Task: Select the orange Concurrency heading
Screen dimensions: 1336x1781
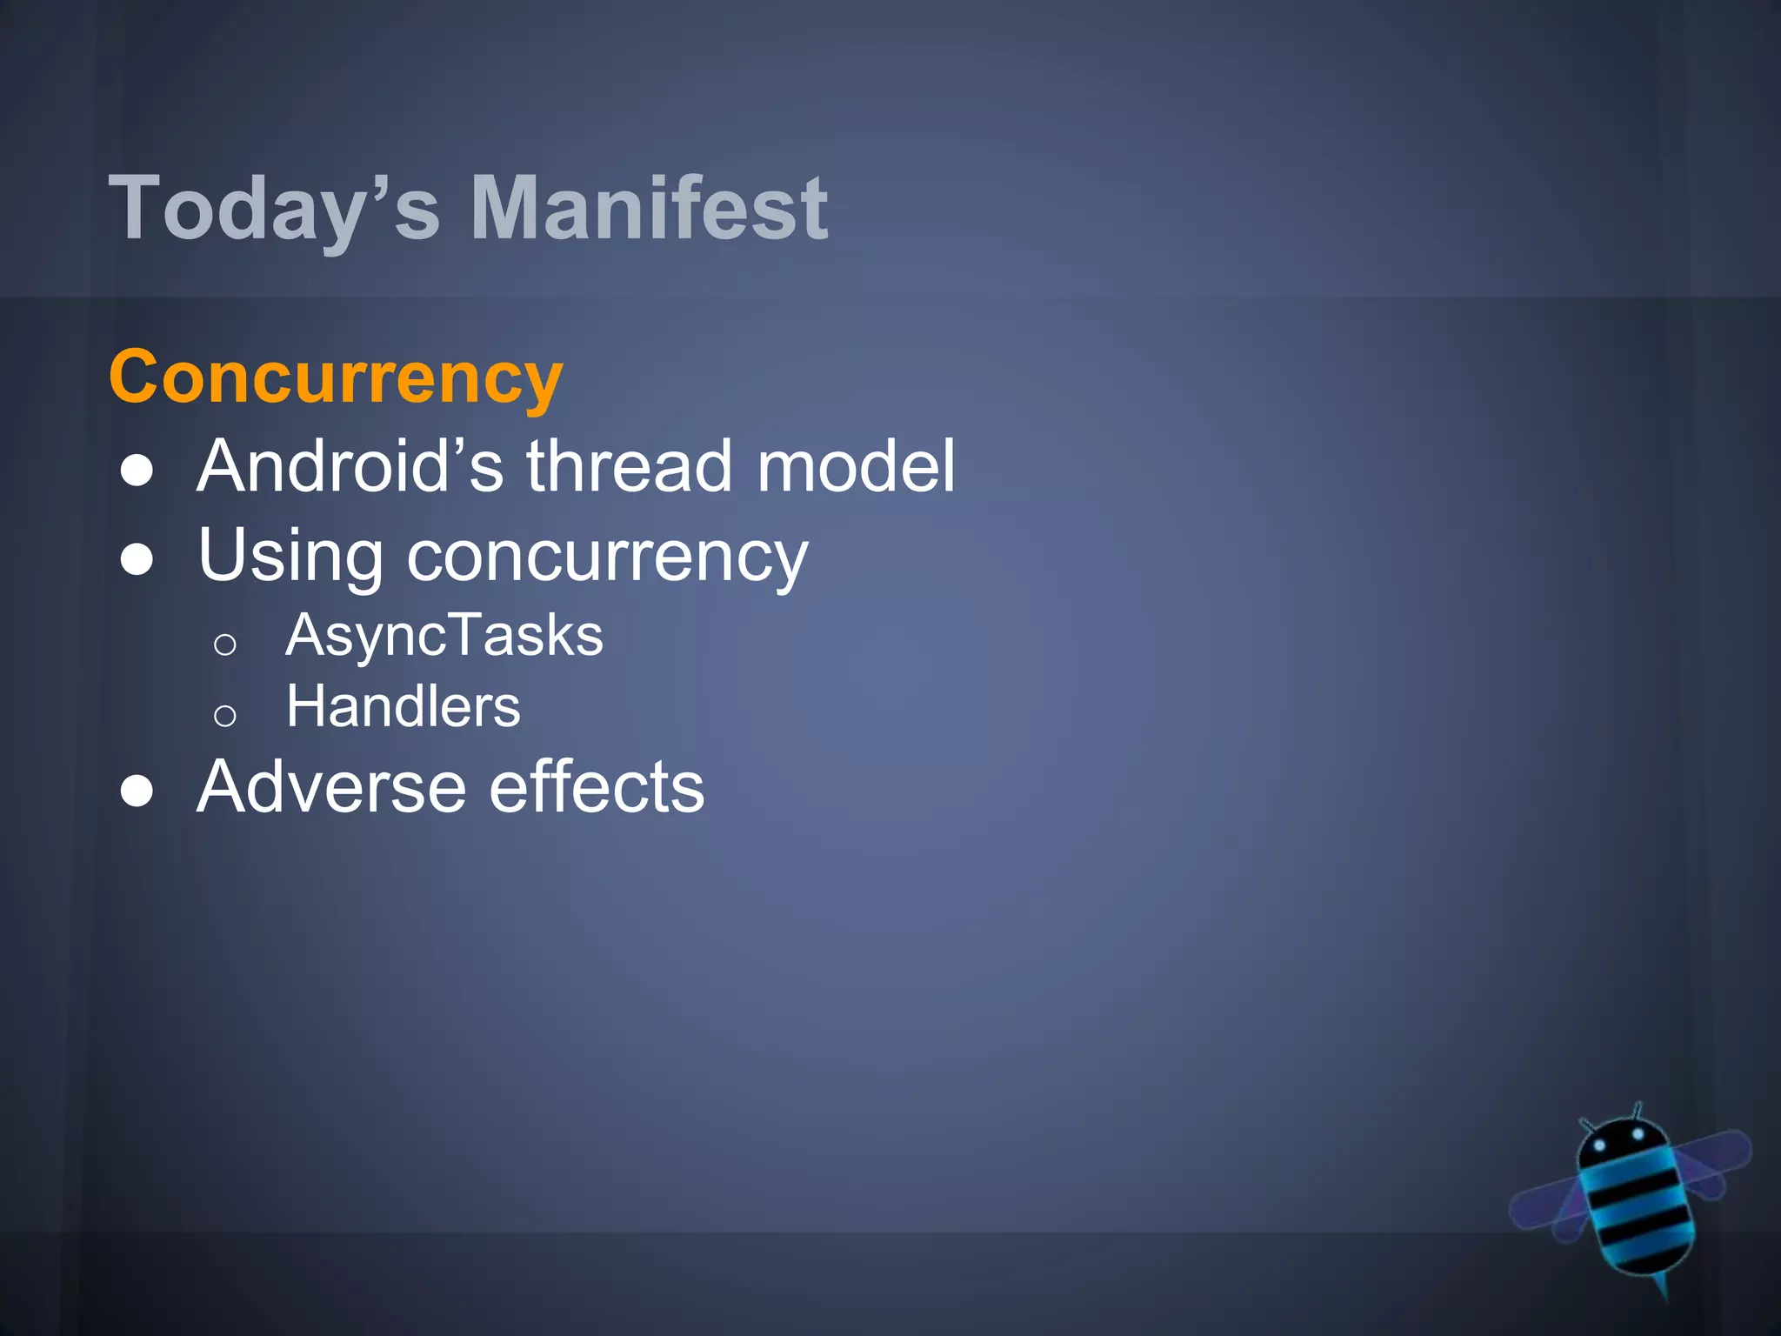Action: click(x=337, y=377)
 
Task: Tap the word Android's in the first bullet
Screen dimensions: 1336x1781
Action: click(x=350, y=466)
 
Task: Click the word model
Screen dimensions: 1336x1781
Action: click(x=856, y=466)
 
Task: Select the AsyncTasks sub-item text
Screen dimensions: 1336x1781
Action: click(x=444, y=635)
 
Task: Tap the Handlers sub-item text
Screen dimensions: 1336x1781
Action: click(x=404, y=706)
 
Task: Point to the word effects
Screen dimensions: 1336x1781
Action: click(x=597, y=787)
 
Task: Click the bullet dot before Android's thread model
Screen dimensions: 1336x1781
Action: click(x=137, y=471)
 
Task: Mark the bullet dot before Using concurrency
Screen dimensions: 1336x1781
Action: click(x=137, y=560)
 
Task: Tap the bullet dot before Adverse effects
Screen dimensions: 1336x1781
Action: click(x=137, y=791)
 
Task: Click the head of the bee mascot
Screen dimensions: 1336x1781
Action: click(x=1619, y=1142)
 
